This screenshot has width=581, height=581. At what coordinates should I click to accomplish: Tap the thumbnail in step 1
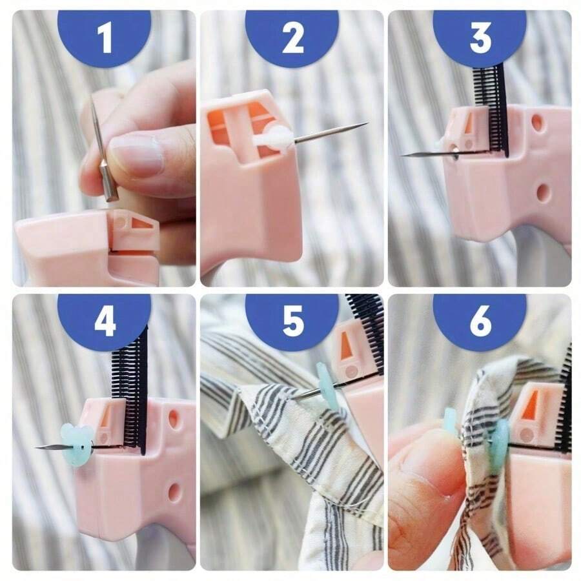[136, 155]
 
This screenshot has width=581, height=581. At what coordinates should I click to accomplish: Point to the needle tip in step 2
[363, 124]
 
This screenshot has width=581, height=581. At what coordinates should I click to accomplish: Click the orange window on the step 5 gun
[347, 347]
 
